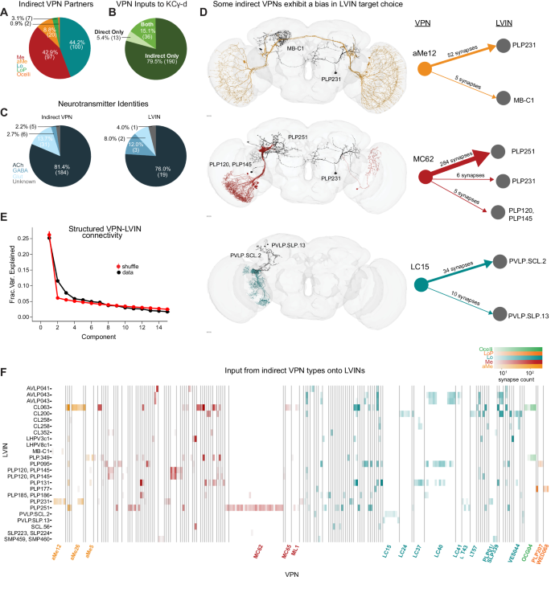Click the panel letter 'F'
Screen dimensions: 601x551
6,373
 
